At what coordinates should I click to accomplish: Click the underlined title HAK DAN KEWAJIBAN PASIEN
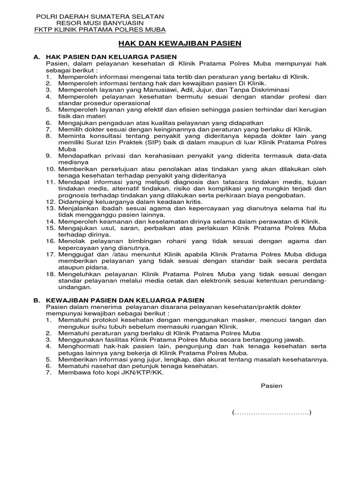coord(180,44)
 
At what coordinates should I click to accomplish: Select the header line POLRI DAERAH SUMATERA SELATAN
coord(100,16)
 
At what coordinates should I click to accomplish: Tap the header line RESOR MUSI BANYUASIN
coord(100,23)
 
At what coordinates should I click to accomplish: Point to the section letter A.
coord(36,57)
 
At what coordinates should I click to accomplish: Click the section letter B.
coord(36,300)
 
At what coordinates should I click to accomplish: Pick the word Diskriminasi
coord(269,90)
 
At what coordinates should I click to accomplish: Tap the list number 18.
coord(50,274)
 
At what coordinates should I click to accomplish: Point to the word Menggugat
coord(75,254)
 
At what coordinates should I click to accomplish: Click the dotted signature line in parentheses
coord(271,412)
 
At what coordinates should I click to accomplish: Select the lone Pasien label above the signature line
coord(271,386)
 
